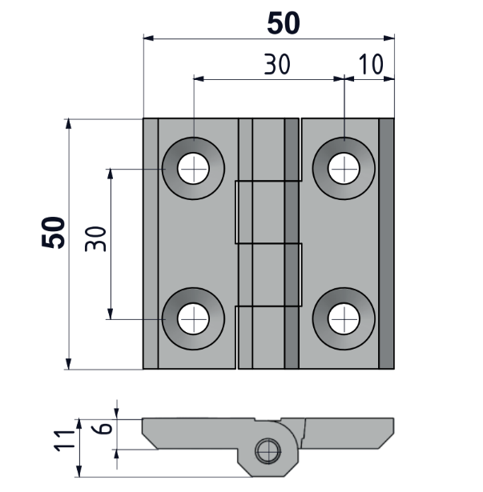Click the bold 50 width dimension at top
284,23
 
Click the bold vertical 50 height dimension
53,232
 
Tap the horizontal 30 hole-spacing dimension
277,64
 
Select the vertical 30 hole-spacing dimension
95,238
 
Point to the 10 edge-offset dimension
371,64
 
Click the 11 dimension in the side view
65,441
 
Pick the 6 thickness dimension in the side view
103,428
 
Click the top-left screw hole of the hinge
193,168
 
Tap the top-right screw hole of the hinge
344,168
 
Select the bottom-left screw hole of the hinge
193,318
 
